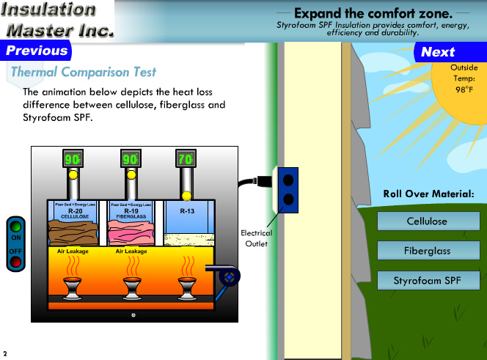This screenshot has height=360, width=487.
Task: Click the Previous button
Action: click(x=36, y=51)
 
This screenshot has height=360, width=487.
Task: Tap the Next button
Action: click(x=438, y=52)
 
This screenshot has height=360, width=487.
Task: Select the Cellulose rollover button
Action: click(x=426, y=221)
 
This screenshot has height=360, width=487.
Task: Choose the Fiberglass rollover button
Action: click(x=426, y=251)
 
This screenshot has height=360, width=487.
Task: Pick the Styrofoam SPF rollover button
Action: click(x=426, y=280)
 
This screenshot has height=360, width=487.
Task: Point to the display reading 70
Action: click(x=186, y=159)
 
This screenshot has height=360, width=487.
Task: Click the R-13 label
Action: click(x=186, y=211)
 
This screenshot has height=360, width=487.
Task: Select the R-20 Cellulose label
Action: click(x=75, y=213)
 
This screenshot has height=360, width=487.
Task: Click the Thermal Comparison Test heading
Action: click(x=83, y=73)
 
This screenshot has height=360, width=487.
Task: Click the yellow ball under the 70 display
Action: click(x=186, y=196)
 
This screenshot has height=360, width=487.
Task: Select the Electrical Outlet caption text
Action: click(x=257, y=238)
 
